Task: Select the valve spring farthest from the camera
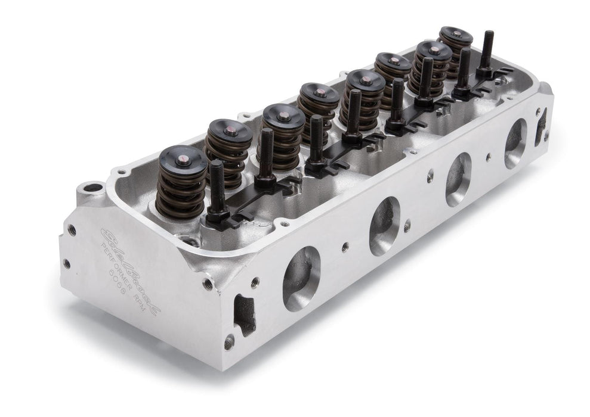[455, 48]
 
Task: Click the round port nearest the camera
[301, 278]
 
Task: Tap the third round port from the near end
[458, 179]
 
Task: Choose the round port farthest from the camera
[515, 143]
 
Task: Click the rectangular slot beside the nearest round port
[245, 312]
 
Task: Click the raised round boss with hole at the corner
[92, 189]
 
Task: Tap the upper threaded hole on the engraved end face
[72, 229]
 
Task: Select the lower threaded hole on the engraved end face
[67, 263]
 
